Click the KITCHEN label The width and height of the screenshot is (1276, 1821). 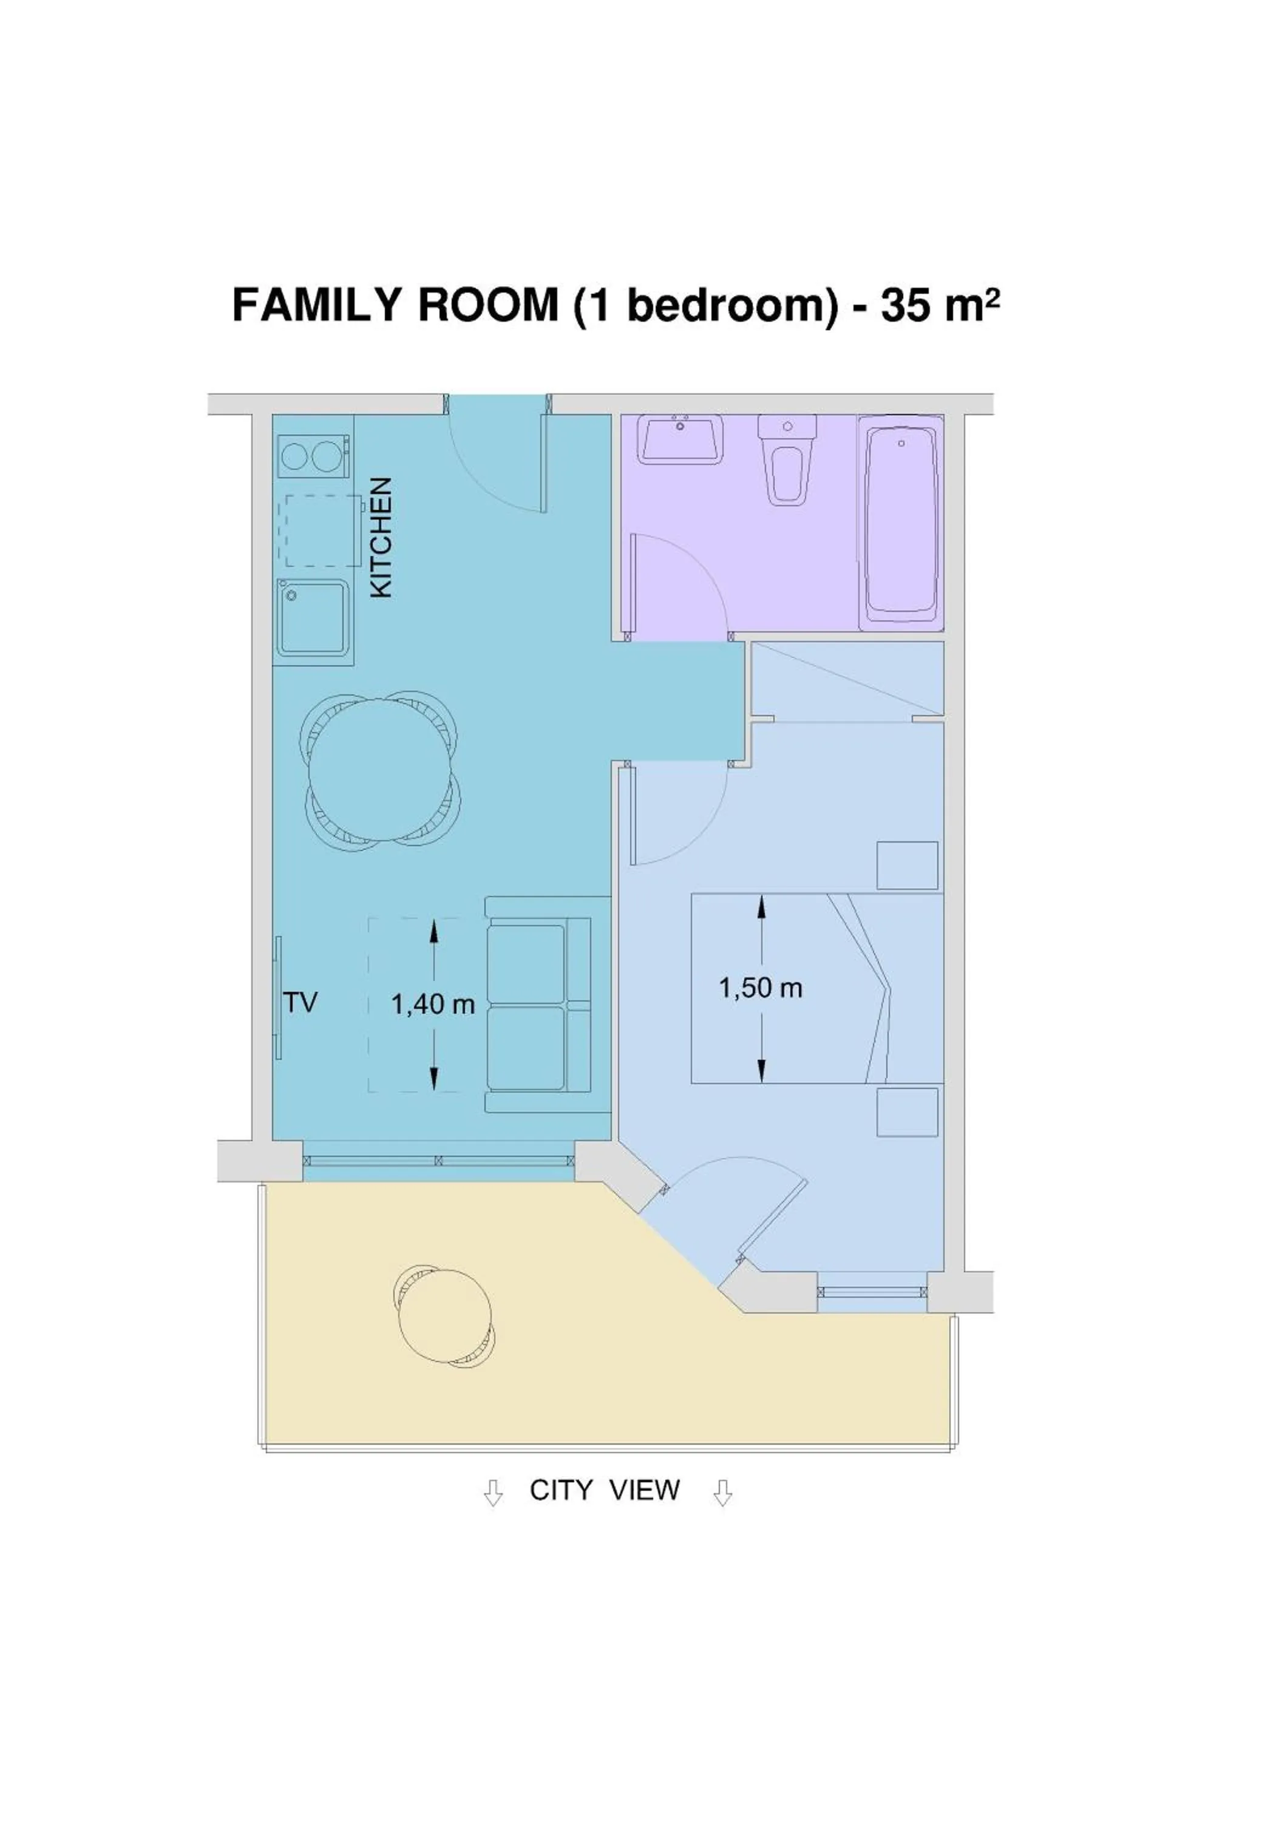381,537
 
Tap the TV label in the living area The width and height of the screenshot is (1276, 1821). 300,1003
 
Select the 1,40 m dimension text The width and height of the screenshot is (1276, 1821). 432,1005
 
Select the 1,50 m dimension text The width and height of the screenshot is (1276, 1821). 760,988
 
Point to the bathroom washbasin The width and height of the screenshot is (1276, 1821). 681,440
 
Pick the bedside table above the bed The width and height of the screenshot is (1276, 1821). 906,866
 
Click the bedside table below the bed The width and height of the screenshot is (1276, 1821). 906,1111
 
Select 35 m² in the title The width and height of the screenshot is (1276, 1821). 939,305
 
